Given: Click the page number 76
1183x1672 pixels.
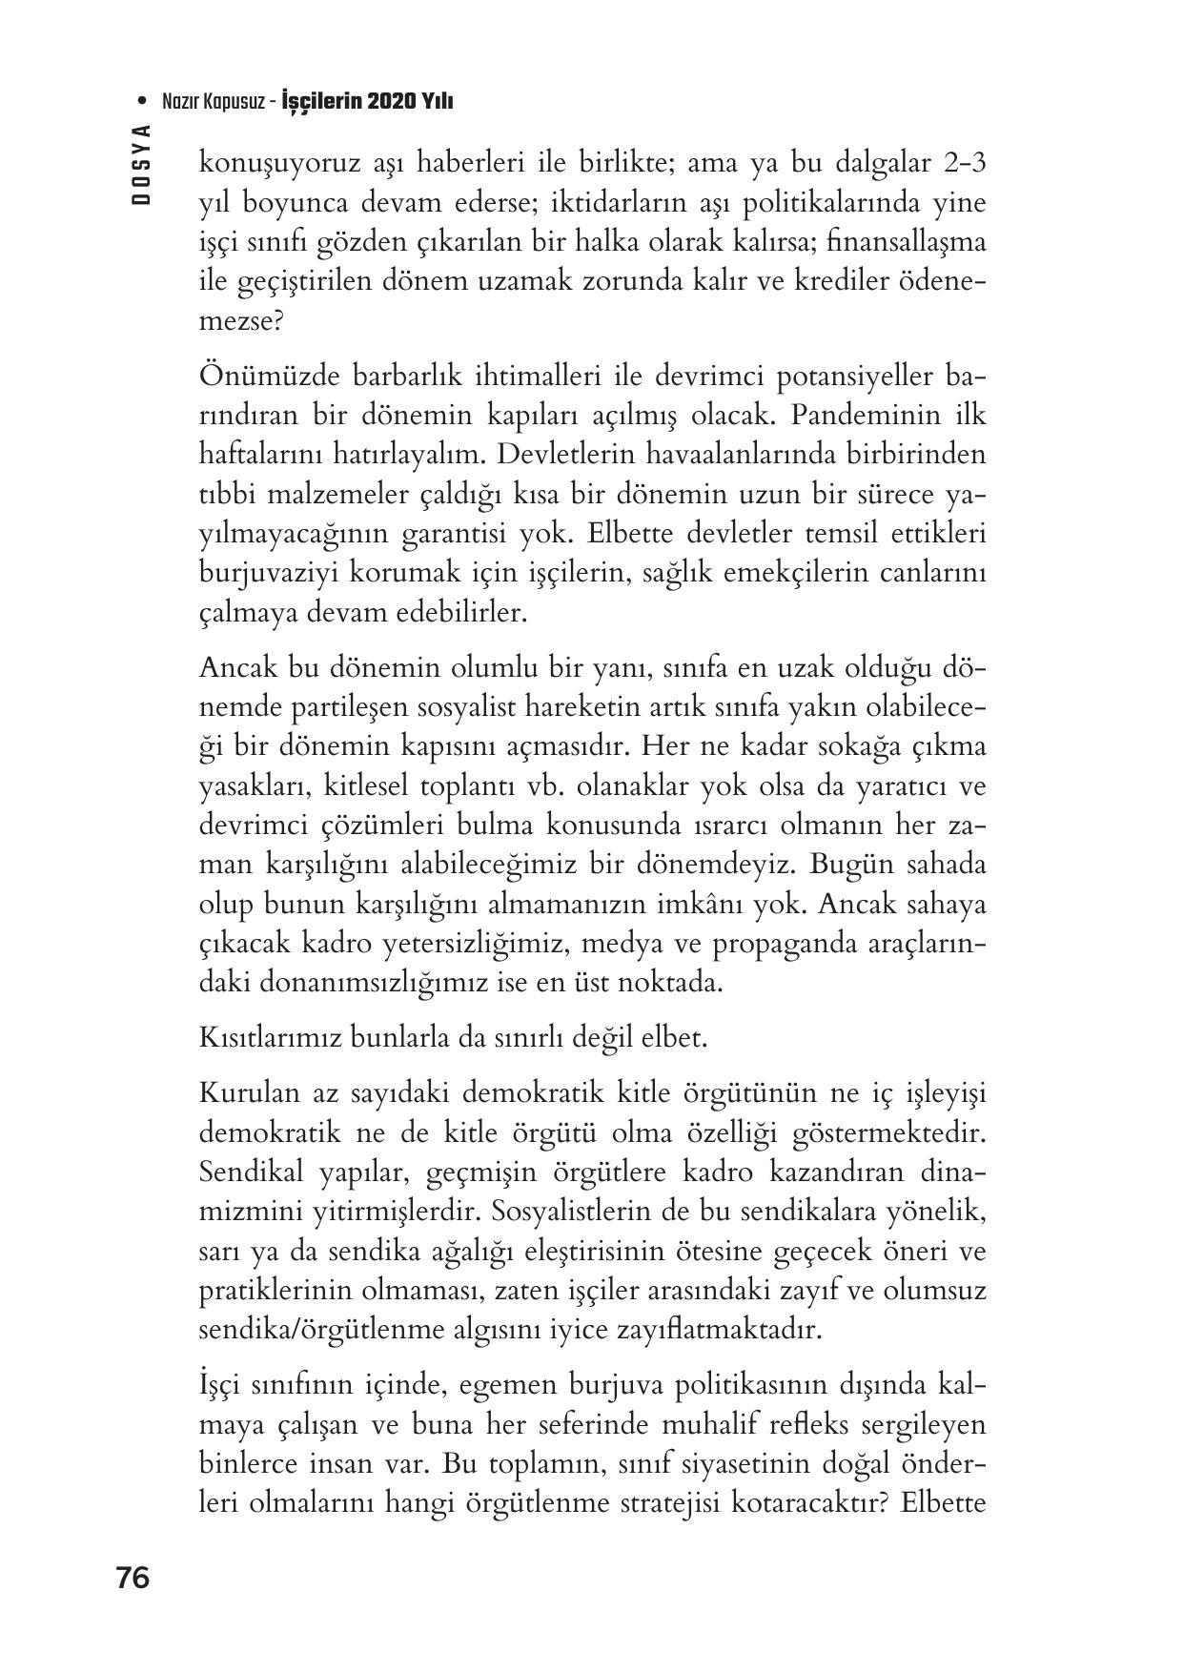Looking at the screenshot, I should (133, 1578).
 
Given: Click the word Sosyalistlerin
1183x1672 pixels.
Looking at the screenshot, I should (635, 1211).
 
